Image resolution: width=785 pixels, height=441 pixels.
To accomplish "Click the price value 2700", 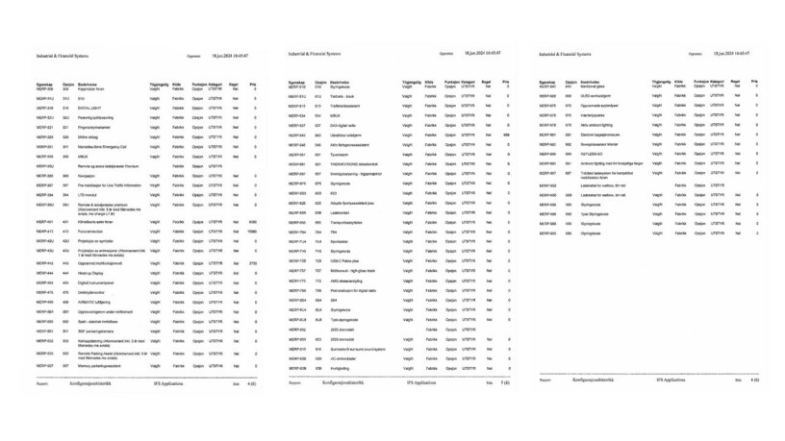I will click(x=252, y=262).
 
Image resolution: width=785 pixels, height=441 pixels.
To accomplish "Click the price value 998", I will click(x=505, y=135).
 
